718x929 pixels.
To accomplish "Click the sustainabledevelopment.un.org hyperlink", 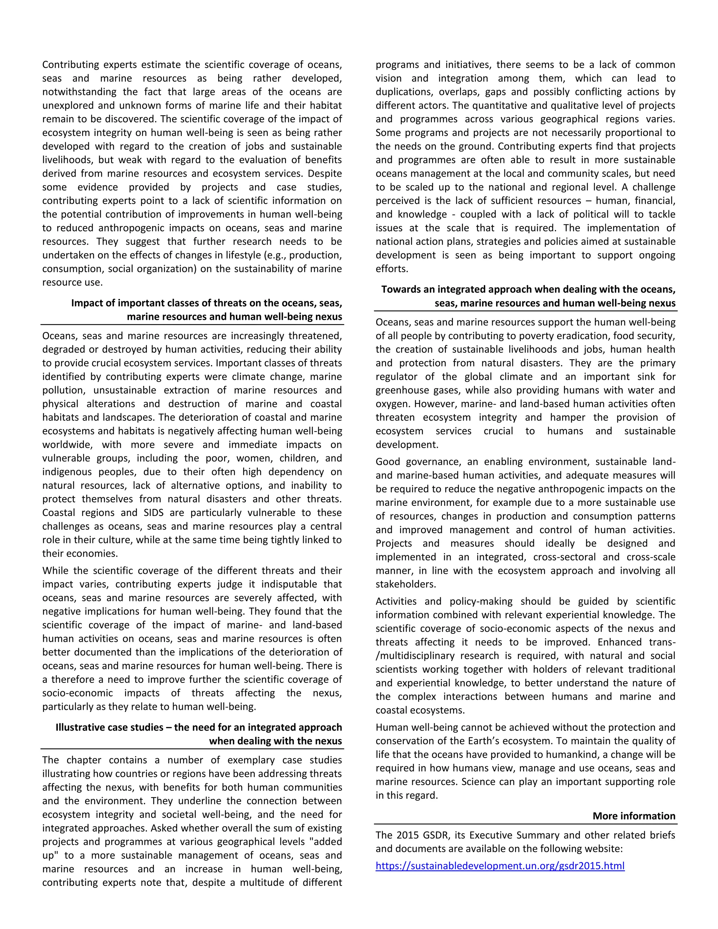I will coord(500,866).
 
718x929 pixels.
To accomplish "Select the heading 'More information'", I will coord(634,816).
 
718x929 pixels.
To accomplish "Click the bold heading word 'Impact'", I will coord(87,303).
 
